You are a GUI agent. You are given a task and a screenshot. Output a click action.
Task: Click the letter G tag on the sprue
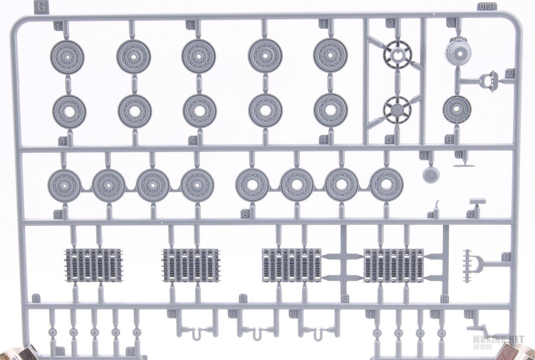41,7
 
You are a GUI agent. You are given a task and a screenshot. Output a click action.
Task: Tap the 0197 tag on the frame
486,7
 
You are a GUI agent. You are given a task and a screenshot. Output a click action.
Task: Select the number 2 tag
390,23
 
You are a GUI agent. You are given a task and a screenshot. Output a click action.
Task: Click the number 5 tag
389,139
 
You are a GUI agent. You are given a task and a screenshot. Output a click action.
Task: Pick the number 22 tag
509,73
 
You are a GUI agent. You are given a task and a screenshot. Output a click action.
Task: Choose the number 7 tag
58,215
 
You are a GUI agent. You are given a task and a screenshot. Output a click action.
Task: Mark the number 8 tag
244,214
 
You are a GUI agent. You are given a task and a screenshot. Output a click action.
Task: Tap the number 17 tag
505,257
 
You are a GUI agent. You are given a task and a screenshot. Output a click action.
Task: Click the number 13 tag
36,298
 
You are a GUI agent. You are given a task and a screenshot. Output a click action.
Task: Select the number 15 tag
345,298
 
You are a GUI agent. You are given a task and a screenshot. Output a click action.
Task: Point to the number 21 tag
468,315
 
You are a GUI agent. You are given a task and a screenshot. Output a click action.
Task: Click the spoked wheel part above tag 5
396,109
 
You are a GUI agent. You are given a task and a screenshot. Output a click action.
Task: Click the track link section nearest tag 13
94,265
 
